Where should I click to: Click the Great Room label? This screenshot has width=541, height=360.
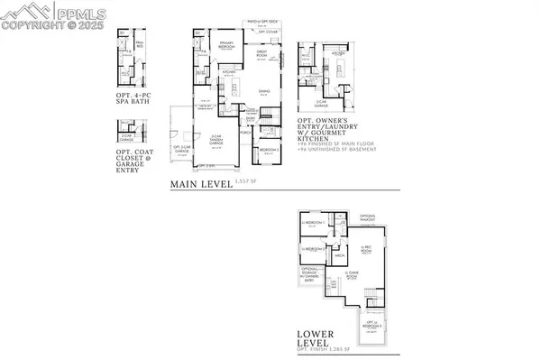pos(262,54)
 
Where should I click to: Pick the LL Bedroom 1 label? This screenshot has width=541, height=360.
pos(314,222)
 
